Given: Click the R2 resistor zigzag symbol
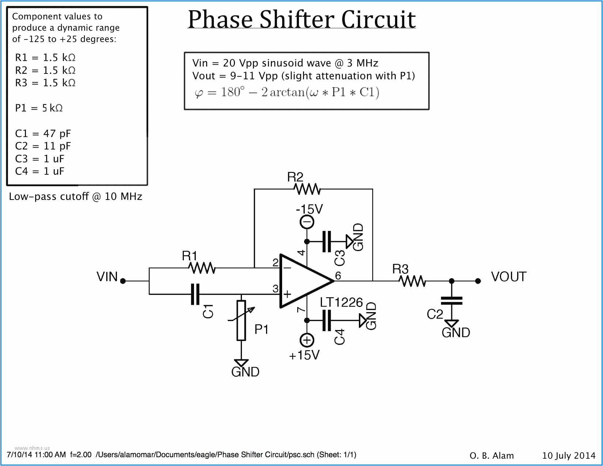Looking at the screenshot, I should (x=307, y=189).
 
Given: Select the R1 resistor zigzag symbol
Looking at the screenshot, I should (x=202, y=268).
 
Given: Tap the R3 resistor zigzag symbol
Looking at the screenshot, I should (x=412, y=281).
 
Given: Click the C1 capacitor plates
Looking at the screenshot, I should (x=196, y=294).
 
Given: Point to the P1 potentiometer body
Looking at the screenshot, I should (x=241, y=320).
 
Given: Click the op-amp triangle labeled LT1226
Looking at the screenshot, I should (x=301, y=281).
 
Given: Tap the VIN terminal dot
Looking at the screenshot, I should (x=123, y=281).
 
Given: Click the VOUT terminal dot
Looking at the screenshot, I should (x=478, y=281).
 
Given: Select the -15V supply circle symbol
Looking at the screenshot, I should (x=307, y=222).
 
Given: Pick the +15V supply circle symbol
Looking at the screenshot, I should (x=307, y=340).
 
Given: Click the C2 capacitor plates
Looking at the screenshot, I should (x=452, y=301).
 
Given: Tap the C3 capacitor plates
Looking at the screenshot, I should (x=327, y=241).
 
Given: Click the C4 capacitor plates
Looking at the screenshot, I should (x=327, y=321).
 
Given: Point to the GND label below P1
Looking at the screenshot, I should (x=245, y=372).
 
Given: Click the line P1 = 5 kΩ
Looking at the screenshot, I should (x=39, y=108).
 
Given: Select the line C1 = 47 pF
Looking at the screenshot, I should (x=43, y=134).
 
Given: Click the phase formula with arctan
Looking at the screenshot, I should (x=287, y=92).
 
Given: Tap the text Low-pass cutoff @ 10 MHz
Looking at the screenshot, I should (x=75, y=197).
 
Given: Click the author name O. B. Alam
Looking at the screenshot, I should (x=492, y=456).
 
